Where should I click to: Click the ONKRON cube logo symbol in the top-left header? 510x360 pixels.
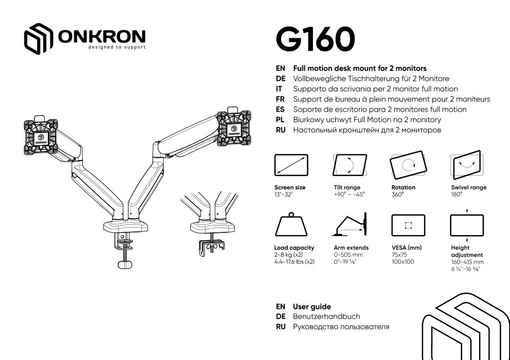point(39,39)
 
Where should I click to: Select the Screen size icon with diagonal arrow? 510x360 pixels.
point(291,165)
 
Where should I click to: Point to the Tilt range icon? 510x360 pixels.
point(350,165)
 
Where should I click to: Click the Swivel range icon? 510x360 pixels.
point(466,165)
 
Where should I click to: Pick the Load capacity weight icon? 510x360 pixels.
point(291,225)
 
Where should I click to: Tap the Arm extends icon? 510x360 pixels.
point(350,225)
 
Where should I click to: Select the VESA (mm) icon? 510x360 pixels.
point(408,225)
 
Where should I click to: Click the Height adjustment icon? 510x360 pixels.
point(466,225)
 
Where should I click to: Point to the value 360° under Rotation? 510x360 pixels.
point(397,195)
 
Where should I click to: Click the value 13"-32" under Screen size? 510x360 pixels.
point(284,195)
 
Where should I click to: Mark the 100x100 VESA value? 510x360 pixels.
point(403,262)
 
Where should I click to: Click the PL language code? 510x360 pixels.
point(281,120)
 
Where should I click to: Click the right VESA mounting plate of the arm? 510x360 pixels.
point(234,127)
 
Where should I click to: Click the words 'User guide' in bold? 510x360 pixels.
point(312,307)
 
